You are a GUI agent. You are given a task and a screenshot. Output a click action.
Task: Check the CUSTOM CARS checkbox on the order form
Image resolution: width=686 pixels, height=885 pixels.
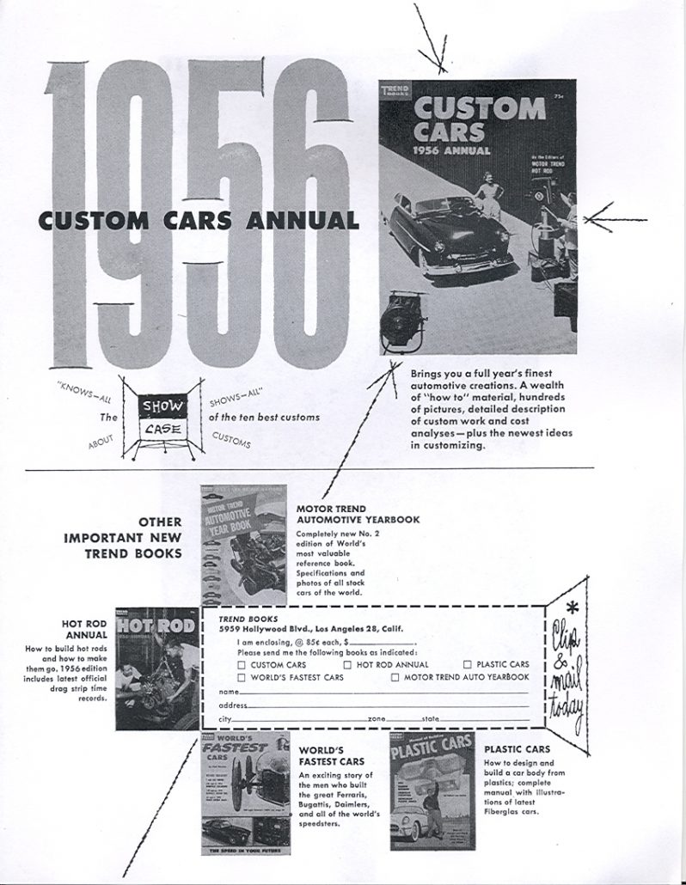tap(242, 664)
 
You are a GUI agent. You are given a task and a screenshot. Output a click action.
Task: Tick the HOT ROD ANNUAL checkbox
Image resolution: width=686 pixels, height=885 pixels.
tap(347, 664)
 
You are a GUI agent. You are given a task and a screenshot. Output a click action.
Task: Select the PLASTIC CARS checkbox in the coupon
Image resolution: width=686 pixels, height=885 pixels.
tap(468, 664)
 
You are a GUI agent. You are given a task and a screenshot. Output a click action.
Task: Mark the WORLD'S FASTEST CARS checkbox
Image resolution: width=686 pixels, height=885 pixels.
tap(242, 677)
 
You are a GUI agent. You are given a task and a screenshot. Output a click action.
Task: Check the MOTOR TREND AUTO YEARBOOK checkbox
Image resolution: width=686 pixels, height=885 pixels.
tap(395, 677)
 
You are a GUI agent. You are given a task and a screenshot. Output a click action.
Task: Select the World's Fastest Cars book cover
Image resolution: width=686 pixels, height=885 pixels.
tap(246, 793)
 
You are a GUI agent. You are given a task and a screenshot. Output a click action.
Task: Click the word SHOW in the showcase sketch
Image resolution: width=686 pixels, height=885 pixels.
tap(158, 405)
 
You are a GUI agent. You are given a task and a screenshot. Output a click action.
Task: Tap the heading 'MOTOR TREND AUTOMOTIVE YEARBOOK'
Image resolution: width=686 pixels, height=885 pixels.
tap(358, 514)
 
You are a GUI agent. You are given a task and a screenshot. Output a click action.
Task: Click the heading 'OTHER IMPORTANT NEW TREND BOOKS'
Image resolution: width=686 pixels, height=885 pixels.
tap(125, 537)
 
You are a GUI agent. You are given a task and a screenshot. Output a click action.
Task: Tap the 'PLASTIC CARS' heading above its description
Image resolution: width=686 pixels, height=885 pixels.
tap(517, 748)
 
